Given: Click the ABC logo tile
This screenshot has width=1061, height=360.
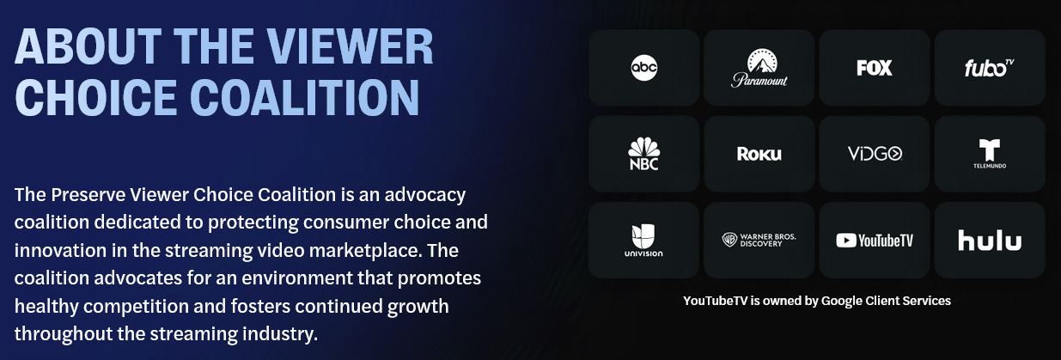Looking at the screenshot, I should (643, 68).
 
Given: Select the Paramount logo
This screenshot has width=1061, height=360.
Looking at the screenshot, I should (759, 68).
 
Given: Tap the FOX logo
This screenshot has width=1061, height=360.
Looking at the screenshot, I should (875, 68).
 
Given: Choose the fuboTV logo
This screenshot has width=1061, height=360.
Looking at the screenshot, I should (990, 68).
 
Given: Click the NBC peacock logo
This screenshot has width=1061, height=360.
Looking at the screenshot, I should (643, 154).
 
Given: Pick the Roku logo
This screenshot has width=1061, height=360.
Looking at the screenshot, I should (759, 154).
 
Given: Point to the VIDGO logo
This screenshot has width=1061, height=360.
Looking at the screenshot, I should (875, 154).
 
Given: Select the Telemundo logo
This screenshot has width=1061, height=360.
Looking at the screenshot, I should (990, 154).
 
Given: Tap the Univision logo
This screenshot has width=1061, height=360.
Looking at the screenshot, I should (643, 241).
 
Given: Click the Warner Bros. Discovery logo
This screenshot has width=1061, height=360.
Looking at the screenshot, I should (759, 240).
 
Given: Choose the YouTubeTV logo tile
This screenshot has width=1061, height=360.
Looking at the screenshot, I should (875, 240).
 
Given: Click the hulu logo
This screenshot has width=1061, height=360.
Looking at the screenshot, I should (990, 240).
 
